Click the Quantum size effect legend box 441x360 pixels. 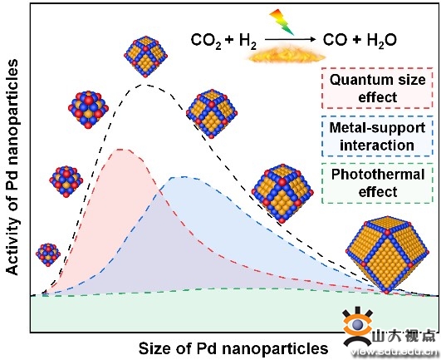[377, 88]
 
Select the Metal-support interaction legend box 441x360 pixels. [377, 136]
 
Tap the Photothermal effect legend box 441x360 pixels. [377, 183]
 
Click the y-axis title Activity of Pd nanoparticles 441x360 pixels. [12, 167]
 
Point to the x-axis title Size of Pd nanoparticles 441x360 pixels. [233, 348]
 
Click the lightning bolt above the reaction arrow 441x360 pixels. [282, 22]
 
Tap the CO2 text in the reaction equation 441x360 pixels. [206, 41]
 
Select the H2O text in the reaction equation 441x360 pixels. [382, 41]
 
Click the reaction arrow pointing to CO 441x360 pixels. [291, 39]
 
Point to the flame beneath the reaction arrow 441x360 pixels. [286, 55]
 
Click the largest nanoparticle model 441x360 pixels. [387, 255]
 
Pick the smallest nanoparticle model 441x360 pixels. [48, 254]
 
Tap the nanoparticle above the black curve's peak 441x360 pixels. [145, 57]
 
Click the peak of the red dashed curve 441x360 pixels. [121, 150]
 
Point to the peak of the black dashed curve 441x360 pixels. [145, 84]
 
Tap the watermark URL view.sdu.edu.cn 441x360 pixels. [394, 352]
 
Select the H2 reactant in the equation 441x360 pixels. [247, 41]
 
